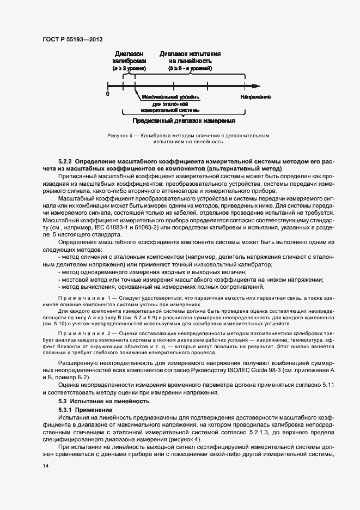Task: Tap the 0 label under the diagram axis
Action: click(x=108, y=94)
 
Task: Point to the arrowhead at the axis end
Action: click(x=256, y=86)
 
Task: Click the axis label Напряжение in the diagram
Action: click(x=256, y=96)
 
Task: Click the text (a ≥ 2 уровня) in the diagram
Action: click(x=129, y=69)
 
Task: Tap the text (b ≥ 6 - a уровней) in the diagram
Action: click(x=190, y=69)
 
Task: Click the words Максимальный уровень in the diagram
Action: click(x=170, y=96)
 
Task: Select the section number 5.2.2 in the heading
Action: click(x=65, y=162)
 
